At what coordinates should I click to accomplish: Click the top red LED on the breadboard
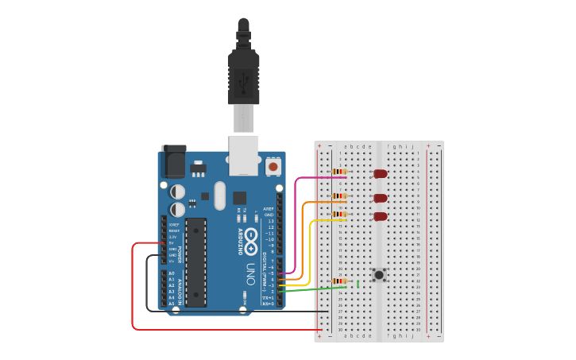tap(381, 173)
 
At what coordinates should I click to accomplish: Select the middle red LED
tap(381, 198)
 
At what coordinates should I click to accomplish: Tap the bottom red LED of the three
tap(381, 216)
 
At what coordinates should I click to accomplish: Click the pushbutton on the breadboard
tap(380, 275)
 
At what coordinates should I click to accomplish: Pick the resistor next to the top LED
tap(339, 172)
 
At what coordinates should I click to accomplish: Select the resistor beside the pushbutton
tap(339, 281)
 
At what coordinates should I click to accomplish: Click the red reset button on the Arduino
tap(273, 167)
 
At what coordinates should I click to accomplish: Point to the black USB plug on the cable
tap(244, 75)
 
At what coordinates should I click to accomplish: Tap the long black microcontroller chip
tap(196, 262)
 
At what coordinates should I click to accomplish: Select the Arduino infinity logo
tap(250, 236)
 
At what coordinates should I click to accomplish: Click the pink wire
tap(296, 223)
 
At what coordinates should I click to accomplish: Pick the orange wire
tap(303, 238)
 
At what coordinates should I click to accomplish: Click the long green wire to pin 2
tap(314, 289)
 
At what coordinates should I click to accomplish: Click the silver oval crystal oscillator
tap(219, 195)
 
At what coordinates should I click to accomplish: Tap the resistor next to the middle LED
tap(339, 196)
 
